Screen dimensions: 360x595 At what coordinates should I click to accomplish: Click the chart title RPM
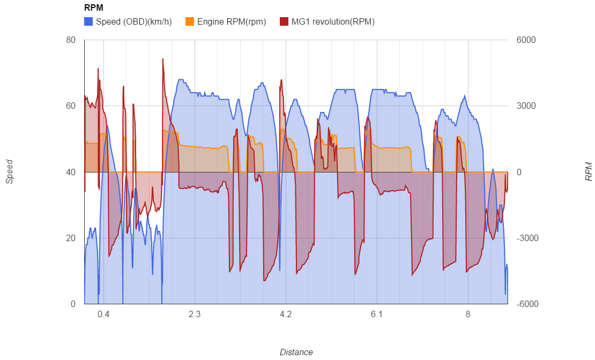[94, 8]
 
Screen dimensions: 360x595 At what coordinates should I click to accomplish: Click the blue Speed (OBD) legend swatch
[88, 22]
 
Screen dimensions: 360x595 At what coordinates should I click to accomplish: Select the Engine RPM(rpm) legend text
[231, 22]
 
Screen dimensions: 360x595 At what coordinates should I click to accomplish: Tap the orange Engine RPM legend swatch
[189, 22]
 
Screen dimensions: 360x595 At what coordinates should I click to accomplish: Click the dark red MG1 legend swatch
[284, 22]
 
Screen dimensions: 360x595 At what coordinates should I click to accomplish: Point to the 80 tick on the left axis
[71, 40]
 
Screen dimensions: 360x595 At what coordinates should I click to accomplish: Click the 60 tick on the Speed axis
[71, 106]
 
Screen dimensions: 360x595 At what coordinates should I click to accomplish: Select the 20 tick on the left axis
[71, 238]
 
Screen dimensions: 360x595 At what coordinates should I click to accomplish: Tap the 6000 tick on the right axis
[525, 40]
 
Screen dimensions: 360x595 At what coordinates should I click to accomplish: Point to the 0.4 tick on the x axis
[103, 314]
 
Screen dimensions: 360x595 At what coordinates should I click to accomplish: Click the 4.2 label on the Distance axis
[286, 314]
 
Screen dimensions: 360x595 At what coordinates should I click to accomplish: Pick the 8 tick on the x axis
[468, 314]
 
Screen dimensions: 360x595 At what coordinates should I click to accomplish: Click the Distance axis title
[296, 352]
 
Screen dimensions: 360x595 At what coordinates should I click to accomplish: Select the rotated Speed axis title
[10, 172]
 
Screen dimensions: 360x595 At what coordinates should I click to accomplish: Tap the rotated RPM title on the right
[589, 172]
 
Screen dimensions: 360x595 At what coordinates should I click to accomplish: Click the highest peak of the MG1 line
[163, 59]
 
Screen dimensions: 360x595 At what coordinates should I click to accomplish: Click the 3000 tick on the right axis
[525, 106]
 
